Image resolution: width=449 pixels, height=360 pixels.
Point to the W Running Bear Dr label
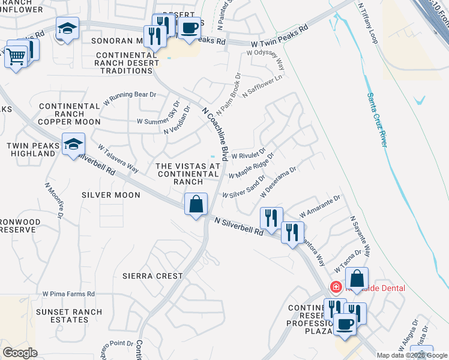[129, 98]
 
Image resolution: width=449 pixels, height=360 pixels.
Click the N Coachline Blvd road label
[216, 133]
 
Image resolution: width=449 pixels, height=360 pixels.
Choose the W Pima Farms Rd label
[68, 294]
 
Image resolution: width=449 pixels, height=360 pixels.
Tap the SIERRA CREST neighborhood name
[152, 276]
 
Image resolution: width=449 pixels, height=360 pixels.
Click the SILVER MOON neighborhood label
[111, 195]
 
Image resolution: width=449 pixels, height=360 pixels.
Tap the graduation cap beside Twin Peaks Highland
[73, 145]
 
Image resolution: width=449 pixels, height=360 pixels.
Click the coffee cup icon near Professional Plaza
[345, 325]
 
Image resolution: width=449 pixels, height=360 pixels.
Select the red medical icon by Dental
[336, 287]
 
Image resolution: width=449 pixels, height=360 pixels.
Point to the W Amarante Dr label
[319, 206]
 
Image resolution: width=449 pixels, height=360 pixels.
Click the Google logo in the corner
[20, 353]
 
